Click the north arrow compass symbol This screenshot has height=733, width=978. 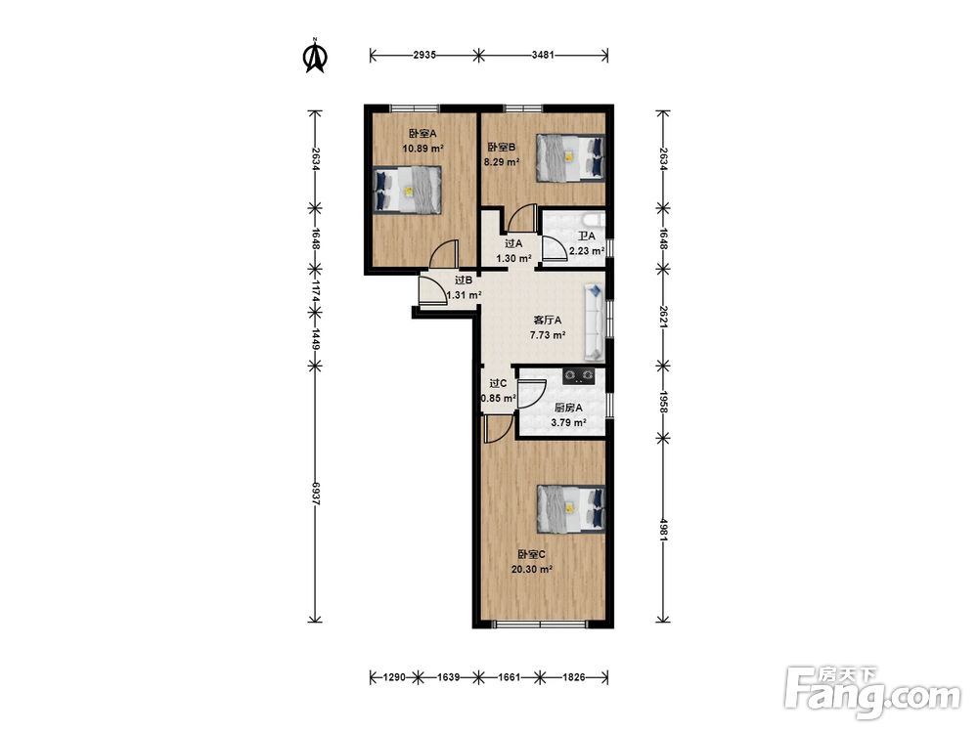coord(315,56)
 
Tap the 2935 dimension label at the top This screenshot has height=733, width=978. coord(424,55)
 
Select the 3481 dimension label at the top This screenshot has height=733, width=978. coord(543,55)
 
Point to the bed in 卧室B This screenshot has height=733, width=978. coord(571,158)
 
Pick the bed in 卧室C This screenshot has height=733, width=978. coord(571,509)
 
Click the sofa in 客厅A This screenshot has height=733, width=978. coord(595,323)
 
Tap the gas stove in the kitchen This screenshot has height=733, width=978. coord(578,375)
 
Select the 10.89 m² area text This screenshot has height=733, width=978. coord(422,149)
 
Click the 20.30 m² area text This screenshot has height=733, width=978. coord(532,569)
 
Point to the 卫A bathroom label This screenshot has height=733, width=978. coord(586,237)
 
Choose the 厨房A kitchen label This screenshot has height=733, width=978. coord(568,409)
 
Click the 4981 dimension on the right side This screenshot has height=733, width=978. coord(662,530)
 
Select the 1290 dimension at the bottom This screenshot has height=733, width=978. coord(395,677)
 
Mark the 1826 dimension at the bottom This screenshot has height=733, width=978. coord(574,677)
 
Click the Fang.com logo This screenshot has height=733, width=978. coord(872,691)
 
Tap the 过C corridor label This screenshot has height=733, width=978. coord(498,383)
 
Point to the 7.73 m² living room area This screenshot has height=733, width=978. coord(548,334)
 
